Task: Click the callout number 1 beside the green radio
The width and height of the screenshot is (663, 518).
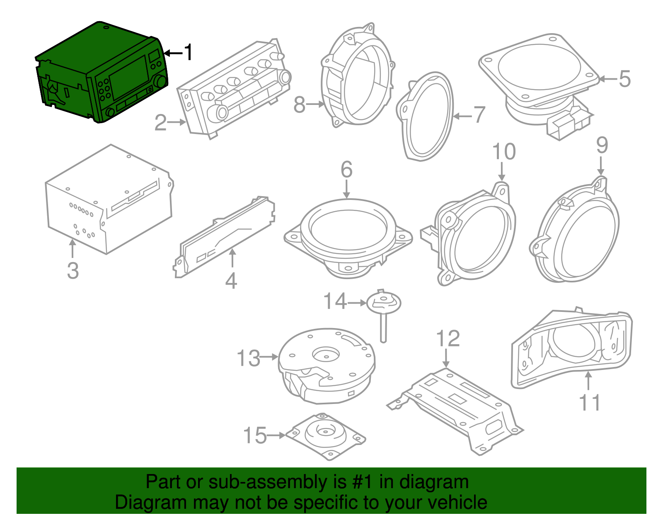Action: click(x=189, y=53)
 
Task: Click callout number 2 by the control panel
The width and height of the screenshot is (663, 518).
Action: click(x=160, y=123)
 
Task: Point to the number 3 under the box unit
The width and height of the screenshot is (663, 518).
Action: click(x=73, y=270)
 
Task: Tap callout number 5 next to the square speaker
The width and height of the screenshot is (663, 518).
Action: click(x=624, y=79)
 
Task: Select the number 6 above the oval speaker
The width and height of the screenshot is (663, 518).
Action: click(x=346, y=170)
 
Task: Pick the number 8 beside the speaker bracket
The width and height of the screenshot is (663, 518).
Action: click(x=299, y=105)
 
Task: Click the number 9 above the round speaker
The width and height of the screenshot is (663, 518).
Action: click(x=602, y=145)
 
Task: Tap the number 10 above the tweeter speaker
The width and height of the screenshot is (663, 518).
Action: click(x=503, y=152)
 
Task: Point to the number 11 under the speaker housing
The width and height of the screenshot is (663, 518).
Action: click(x=589, y=402)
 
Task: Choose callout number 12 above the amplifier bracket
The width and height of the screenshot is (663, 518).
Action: click(x=448, y=339)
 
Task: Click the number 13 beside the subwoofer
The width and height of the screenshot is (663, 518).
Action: click(x=248, y=358)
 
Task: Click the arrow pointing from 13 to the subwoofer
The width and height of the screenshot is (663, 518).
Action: click(x=270, y=357)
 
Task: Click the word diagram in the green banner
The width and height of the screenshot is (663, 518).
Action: click(x=434, y=482)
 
